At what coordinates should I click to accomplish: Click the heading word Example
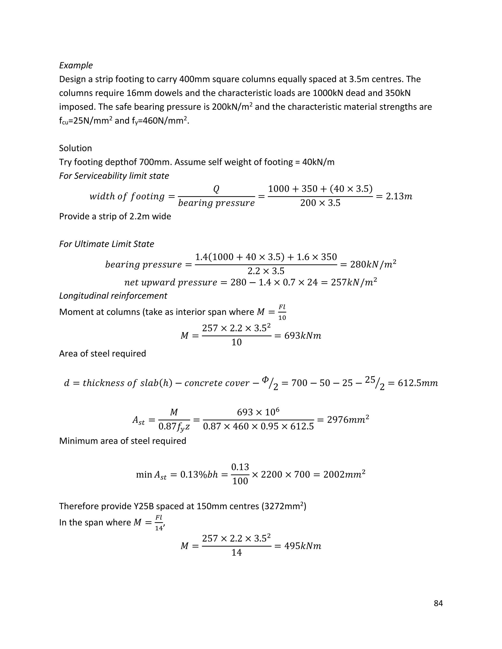click(76, 65)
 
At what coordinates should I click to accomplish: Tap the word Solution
click(75, 148)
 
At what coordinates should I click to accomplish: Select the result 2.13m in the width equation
click(399, 196)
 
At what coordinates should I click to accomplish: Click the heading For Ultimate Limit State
click(106, 244)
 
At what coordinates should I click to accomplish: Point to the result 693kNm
click(302, 336)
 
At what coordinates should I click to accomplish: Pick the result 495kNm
click(302, 546)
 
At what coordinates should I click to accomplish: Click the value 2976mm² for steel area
click(348, 420)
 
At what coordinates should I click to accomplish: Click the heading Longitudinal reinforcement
click(113, 296)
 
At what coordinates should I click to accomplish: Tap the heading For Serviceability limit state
click(114, 176)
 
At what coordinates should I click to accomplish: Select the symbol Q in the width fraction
click(216, 189)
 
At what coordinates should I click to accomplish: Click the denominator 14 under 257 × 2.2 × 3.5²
click(237, 553)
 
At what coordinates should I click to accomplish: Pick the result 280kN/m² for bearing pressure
click(373, 264)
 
